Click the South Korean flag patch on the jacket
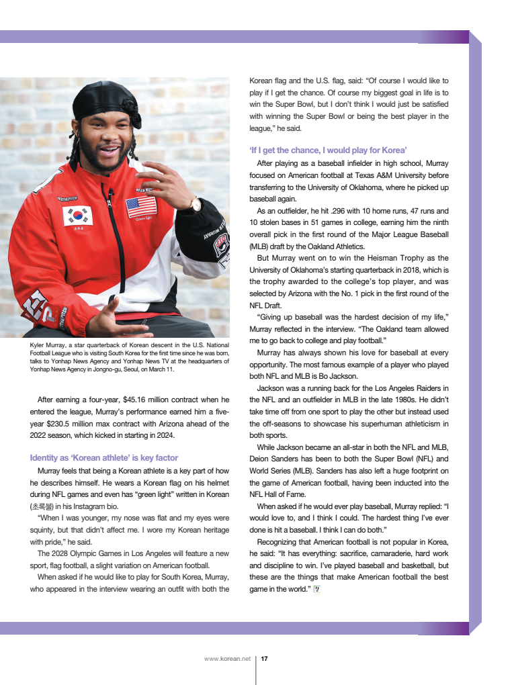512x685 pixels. point(77,216)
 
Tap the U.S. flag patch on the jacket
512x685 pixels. point(141,205)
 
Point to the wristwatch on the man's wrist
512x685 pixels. point(196,203)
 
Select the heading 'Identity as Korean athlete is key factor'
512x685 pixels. point(104,458)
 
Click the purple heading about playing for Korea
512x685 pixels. point(328,150)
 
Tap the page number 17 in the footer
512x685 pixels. point(265,659)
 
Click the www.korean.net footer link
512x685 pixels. point(227,659)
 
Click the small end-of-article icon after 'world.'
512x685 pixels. point(317,590)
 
